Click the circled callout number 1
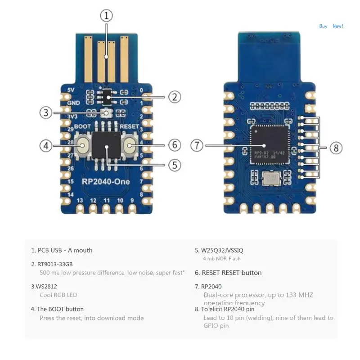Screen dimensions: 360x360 point(106,17)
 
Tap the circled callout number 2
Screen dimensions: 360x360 point(175,96)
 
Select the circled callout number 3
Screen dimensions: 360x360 point(46,112)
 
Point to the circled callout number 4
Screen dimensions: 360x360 point(46,146)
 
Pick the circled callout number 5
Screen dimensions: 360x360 point(175,165)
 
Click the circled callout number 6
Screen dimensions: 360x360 point(175,145)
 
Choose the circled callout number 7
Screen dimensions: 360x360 point(197,146)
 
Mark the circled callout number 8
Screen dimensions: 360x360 point(336,148)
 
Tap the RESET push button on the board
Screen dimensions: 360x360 point(130,145)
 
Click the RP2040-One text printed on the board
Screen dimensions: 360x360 point(106,181)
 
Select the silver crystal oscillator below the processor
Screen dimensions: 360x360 point(270,180)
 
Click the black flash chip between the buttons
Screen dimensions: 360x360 point(107,147)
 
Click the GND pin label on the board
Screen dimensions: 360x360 point(73,103)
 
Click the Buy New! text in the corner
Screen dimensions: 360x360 point(331,26)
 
